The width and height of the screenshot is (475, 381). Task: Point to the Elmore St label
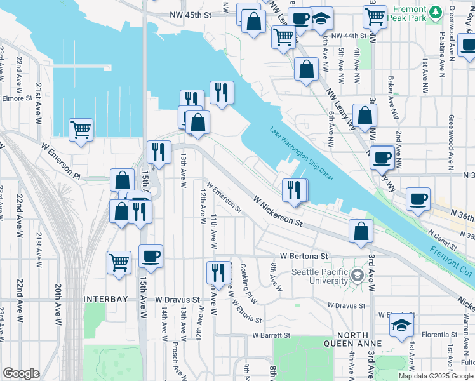[17, 98]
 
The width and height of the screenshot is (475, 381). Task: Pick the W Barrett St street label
[271, 335]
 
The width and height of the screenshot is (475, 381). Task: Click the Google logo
[22, 373]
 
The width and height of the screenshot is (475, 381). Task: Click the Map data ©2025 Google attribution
[435, 376]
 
